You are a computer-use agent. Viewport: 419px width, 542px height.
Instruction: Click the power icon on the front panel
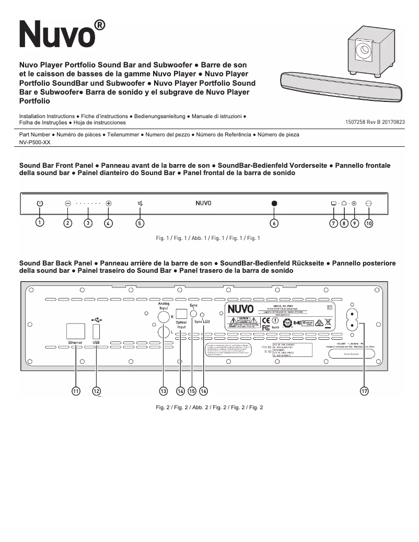click(40, 203)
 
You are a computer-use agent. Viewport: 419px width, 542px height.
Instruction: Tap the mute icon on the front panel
click(139, 203)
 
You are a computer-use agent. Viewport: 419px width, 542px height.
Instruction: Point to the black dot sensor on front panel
click(274, 203)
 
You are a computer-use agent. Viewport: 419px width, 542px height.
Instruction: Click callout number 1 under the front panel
click(40, 223)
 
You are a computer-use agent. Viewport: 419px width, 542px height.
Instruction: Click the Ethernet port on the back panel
click(76, 331)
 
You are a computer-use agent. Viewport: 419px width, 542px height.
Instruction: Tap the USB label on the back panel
click(96, 342)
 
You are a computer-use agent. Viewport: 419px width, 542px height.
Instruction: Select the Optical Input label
click(181, 325)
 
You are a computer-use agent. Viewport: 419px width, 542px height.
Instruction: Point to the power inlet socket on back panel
click(353, 318)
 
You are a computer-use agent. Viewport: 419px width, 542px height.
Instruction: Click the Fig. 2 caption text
click(210, 408)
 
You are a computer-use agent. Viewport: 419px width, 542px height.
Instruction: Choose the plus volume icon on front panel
click(108, 203)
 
